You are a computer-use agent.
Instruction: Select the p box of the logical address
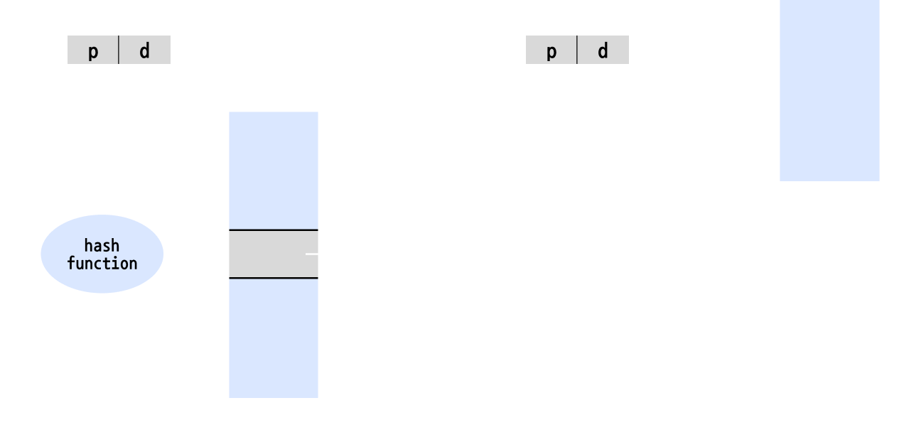coord(93,50)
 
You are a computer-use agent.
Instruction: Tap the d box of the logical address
coord(145,50)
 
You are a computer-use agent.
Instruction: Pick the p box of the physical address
coord(551,50)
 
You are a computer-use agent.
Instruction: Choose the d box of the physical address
coord(603,50)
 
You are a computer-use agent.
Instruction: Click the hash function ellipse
coord(102,254)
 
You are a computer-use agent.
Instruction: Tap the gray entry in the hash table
coord(274,254)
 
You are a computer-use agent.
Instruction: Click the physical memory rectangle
coord(829,90)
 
